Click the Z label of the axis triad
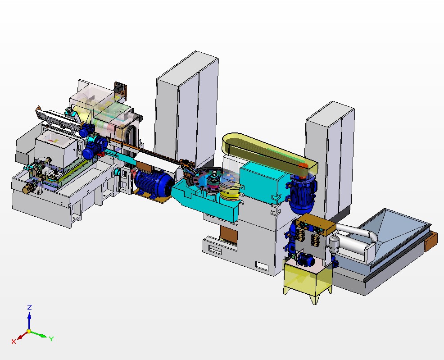point(29,307)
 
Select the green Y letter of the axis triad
point(51,338)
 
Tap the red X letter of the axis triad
point(14,342)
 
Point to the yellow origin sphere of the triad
point(29,331)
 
